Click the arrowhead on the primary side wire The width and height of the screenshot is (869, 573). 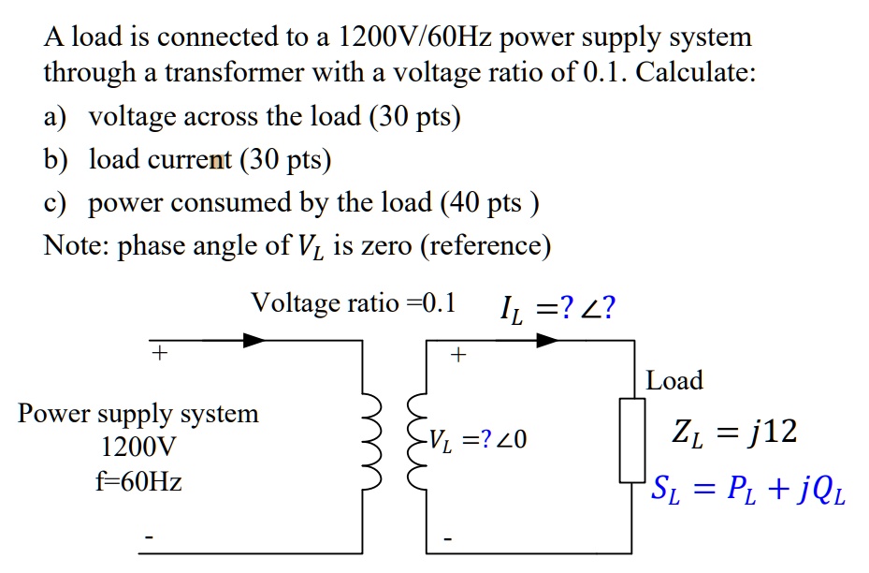[253, 341]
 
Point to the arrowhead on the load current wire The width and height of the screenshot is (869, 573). [546, 341]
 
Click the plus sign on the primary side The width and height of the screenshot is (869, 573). [160, 354]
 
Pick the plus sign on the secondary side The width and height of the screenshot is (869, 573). [458, 356]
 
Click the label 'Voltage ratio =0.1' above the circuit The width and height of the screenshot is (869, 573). [354, 303]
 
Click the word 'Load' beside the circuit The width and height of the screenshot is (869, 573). [674, 381]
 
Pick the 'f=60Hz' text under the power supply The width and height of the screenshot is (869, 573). [138, 482]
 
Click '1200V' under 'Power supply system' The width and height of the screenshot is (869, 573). [138, 448]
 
